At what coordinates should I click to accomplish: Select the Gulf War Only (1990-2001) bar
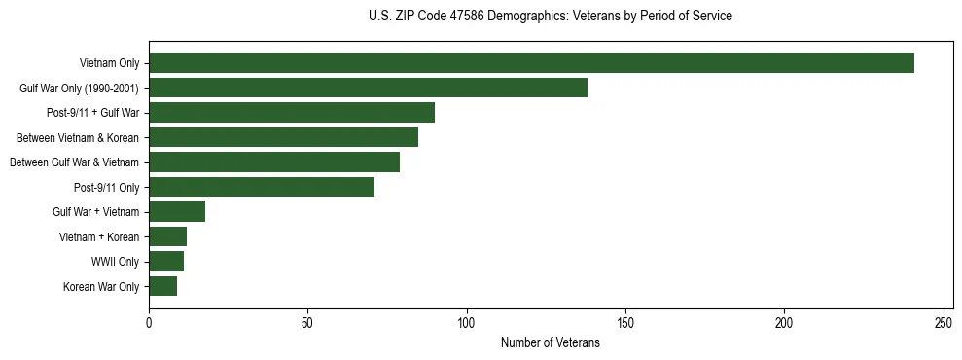pos(368,88)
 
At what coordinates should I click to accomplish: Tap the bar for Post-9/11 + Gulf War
pos(292,113)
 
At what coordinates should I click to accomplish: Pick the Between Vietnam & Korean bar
pos(283,137)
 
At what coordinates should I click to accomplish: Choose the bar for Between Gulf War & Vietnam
pos(274,162)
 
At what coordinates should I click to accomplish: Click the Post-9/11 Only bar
pos(262,187)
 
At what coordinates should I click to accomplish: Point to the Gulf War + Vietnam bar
pos(177,212)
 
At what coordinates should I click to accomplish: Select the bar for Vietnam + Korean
pos(167,236)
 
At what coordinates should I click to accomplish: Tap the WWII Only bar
pos(166,262)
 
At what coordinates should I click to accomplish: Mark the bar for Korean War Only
pos(162,286)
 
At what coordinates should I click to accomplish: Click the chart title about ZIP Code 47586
pos(551,17)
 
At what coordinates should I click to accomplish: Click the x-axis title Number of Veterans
pos(551,343)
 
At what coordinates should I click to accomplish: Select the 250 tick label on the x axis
pos(944,322)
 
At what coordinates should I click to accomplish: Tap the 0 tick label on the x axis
pos(149,322)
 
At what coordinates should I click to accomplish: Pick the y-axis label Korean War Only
pos(101,287)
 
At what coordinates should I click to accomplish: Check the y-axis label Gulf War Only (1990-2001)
pos(79,89)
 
